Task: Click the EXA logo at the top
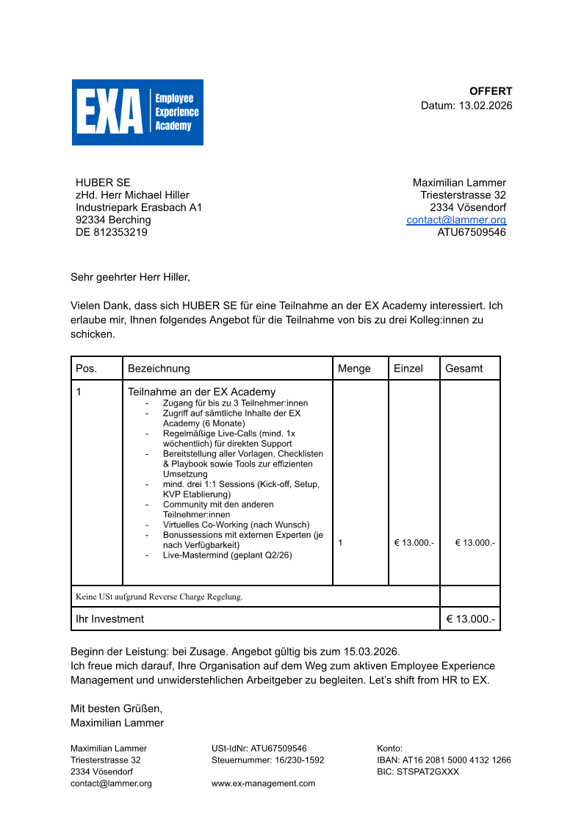point(137,112)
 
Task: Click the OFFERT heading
point(491,91)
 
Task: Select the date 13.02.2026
point(486,105)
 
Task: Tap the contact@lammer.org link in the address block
point(456,220)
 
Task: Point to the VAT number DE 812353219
point(112,232)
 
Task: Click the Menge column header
point(354,368)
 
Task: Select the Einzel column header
point(408,368)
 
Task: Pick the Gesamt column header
point(464,368)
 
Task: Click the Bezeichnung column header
point(159,368)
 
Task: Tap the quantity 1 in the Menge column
point(341,542)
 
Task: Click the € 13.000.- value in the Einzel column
point(414,542)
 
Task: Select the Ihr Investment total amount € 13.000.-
point(471,619)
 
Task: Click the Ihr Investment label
point(110,619)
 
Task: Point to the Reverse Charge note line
point(159,597)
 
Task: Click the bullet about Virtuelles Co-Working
point(236,525)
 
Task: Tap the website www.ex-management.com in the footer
point(263,783)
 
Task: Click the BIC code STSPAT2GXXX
point(428,771)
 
